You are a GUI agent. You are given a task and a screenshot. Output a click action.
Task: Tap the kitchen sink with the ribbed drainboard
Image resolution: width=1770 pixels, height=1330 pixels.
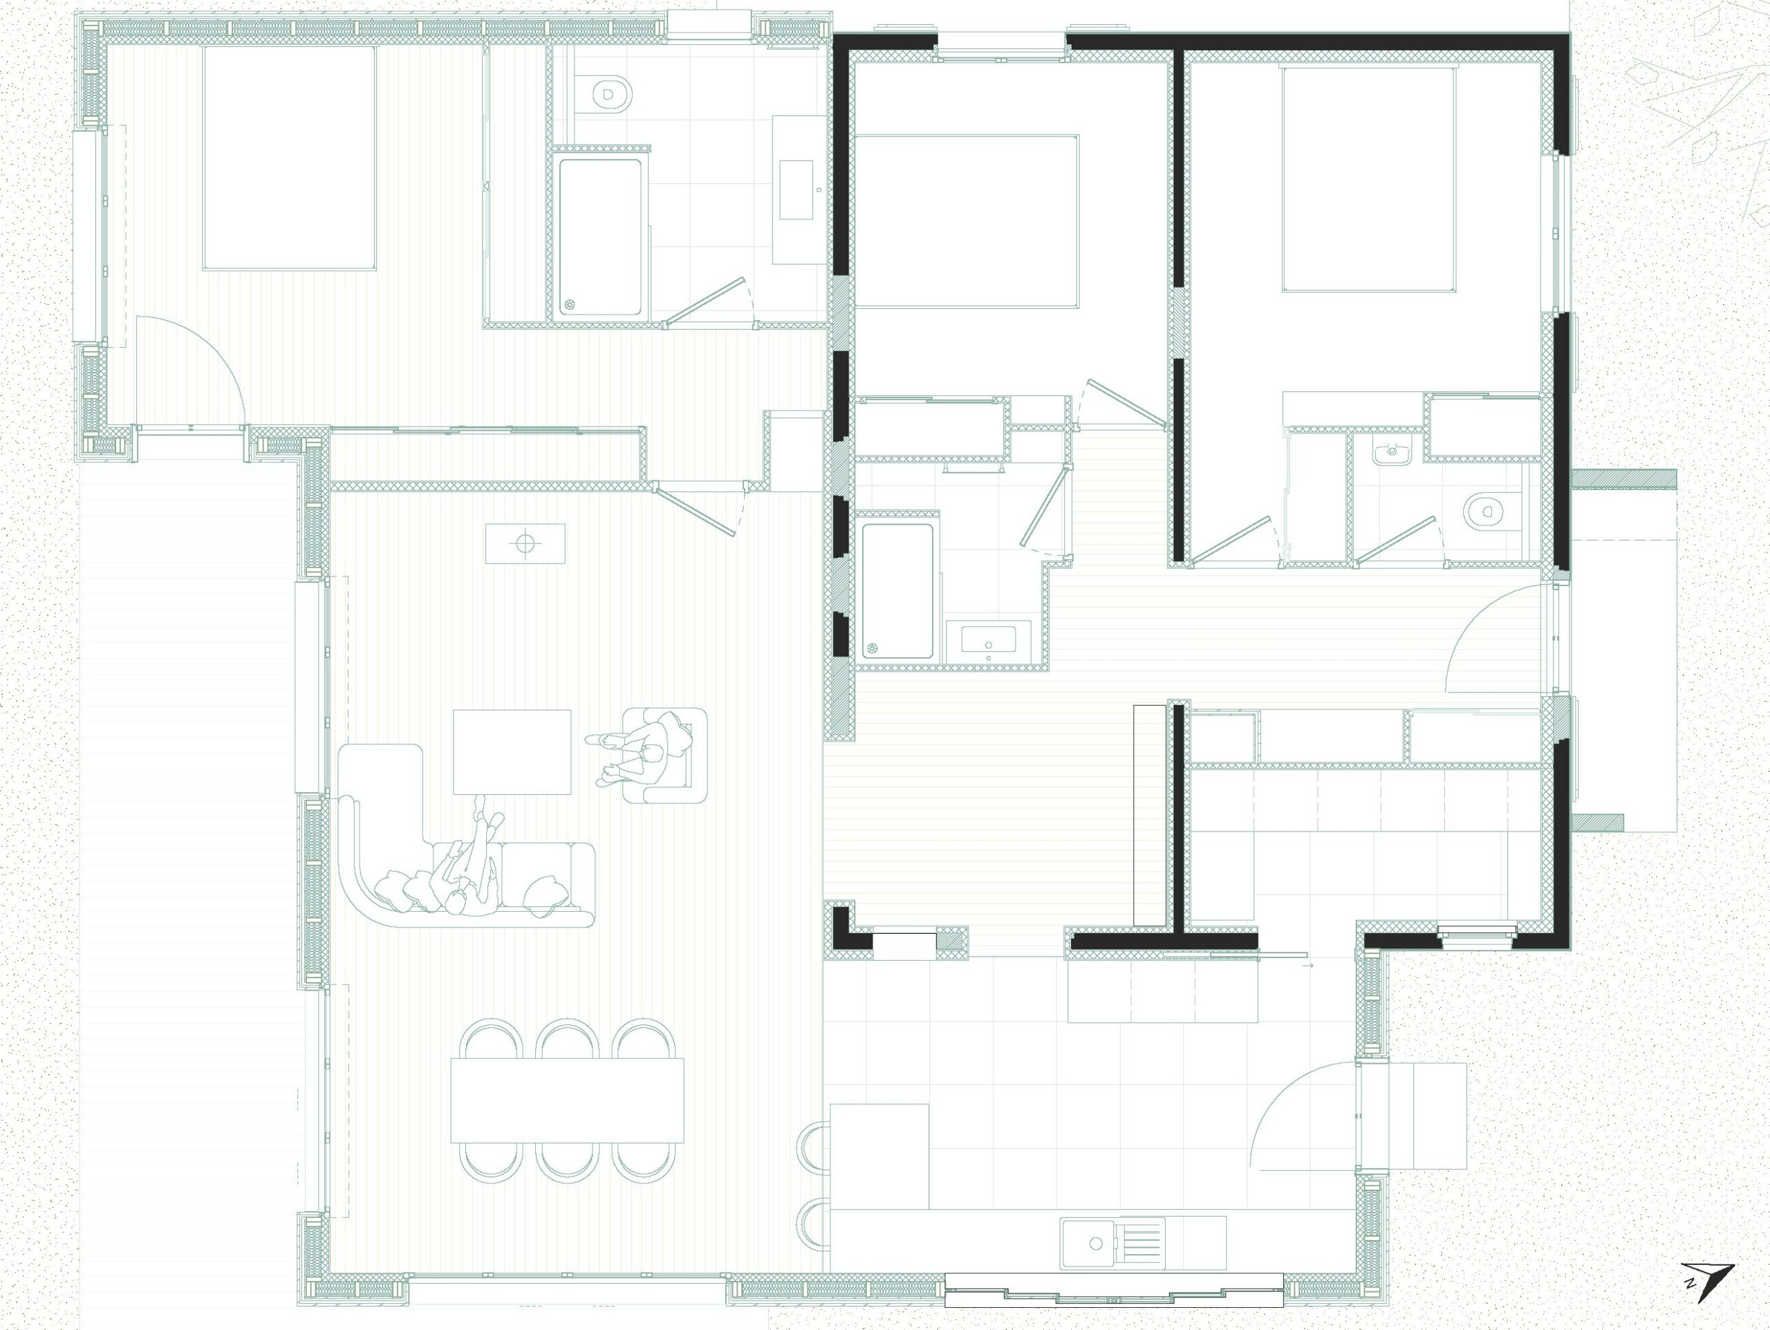coord(1113,1243)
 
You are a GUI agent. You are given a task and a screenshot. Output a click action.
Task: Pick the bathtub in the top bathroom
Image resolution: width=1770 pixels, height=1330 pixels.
coord(600,238)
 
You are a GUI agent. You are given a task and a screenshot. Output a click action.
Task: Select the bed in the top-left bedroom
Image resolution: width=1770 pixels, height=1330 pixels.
coord(290,158)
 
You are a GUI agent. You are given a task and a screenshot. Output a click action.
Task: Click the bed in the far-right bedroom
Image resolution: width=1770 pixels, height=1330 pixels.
coord(1369,179)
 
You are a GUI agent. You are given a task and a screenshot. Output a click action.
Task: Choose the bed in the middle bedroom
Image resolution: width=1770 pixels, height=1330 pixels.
coord(967,222)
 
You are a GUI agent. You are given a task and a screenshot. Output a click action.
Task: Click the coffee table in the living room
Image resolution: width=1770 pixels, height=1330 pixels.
coord(512,751)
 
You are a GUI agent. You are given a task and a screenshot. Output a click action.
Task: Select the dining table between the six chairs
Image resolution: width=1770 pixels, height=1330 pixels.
coord(568,1100)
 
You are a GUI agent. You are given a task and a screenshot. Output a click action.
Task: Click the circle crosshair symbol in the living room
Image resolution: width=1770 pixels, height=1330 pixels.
coord(525,543)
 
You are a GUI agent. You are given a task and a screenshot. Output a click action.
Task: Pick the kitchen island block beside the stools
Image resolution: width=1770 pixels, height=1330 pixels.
coord(879,1156)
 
